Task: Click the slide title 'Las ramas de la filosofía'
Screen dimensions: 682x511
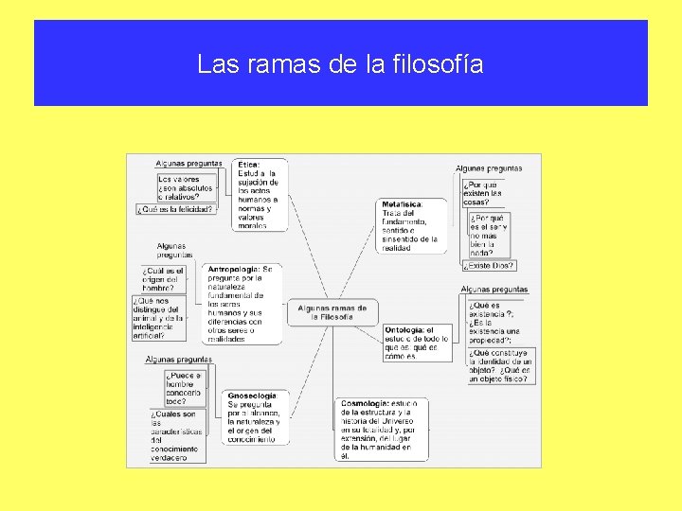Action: (x=340, y=64)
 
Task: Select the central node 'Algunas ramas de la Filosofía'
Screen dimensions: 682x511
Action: (x=332, y=312)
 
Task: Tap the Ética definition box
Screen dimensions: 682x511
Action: (x=259, y=194)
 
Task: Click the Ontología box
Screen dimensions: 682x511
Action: (x=417, y=343)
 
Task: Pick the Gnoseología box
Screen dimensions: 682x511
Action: (x=251, y=417)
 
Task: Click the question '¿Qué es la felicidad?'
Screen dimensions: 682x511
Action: (x=174, y=209)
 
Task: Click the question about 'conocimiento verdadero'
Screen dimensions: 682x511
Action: (x=177, y=436)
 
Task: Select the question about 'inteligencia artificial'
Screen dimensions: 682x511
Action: (x=157, y=317)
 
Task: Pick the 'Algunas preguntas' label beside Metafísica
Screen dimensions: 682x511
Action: (x=489, y=168)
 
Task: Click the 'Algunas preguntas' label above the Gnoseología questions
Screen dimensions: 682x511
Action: (x=178, y=360)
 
